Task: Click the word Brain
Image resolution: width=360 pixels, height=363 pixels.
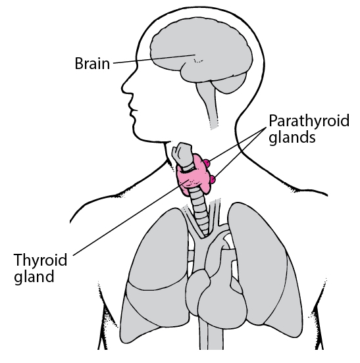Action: (92, 63)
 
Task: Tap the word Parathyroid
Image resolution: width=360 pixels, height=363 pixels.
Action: (309, 121)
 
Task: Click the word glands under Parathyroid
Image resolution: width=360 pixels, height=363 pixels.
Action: (292, 137)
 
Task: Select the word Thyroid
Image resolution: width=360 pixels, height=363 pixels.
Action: (41, 260)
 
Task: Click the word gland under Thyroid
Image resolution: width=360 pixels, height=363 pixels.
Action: (34, 276)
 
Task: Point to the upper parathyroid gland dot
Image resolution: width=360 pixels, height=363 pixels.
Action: (207, 162)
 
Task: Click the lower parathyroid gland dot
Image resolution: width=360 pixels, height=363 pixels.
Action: (213, 179)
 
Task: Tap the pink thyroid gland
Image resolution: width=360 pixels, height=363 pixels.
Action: (195, 177)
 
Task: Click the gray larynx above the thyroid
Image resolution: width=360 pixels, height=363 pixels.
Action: (183, 156)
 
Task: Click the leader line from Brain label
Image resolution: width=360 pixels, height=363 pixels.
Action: (154, 59)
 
